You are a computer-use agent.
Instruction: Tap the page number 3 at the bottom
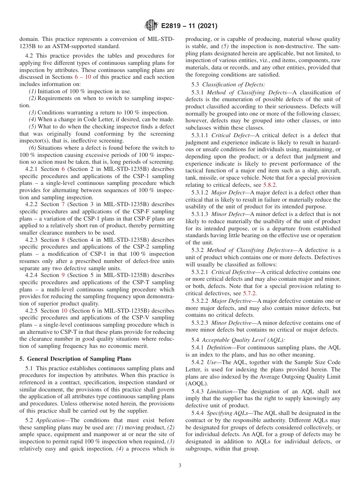(x=180, y=466)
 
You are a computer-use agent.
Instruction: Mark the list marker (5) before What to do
(x=33, y=126)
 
